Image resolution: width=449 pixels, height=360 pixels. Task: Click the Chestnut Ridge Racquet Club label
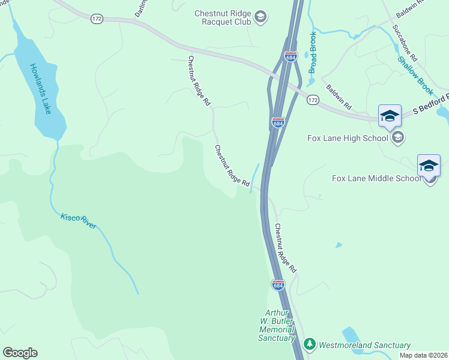(222, 17)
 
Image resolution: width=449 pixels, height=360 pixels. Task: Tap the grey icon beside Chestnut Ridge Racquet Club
(260, 17)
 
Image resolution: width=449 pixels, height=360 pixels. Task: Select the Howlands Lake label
(41, 89)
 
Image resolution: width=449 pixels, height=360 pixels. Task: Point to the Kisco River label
(78, 221)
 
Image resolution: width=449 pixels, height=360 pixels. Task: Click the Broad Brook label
(312, 53)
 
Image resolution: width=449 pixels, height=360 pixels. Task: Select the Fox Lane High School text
(348, 138)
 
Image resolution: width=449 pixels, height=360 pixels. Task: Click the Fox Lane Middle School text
(377, 178)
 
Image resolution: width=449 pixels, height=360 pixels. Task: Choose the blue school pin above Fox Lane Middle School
(429, 165)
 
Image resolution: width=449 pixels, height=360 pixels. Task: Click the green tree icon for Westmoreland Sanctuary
(310, 344)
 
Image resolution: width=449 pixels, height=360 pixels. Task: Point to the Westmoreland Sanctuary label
(364, 345)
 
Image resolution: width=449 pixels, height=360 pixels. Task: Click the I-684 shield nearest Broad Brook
(291, 57)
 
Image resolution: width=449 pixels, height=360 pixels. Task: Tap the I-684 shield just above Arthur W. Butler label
(277, 286)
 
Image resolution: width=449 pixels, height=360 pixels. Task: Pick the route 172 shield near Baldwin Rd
(313, 100)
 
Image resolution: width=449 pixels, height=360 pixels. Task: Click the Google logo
(20, 353)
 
